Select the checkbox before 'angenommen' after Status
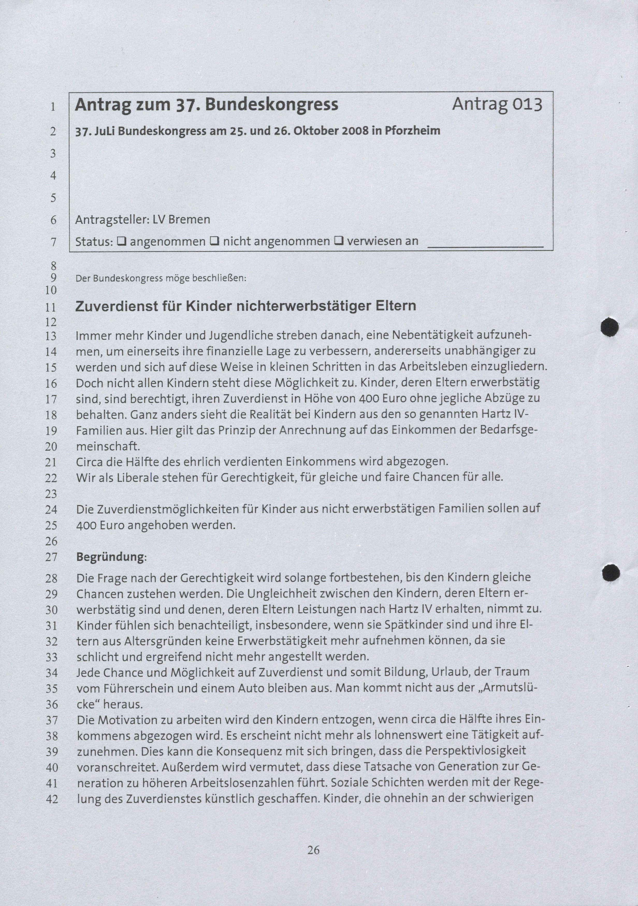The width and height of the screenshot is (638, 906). (x=121, y=241)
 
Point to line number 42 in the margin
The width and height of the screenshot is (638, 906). (x=52, y=799)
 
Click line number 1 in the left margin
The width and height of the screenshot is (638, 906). (x=53, y=106)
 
